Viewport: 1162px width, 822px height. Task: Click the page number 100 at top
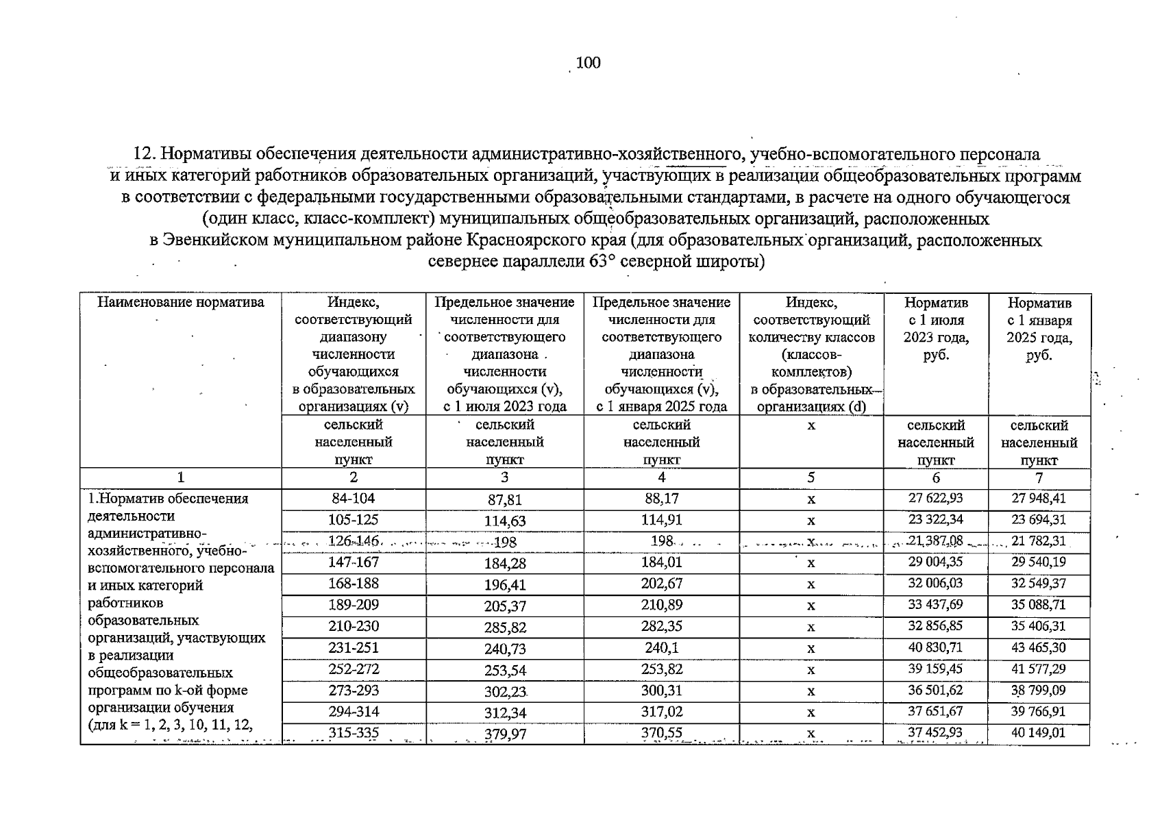click(588, 63)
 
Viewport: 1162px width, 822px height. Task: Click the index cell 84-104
click(353, 499)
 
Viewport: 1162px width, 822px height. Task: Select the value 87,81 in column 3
click(504, 500)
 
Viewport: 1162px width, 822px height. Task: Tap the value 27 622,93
click(935, 499)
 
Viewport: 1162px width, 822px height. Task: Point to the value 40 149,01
click(1039, 733)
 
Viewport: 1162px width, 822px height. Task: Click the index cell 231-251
click(353, 648)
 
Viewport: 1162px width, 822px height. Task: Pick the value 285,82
click(504, 627)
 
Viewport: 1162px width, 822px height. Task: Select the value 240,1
click(661, 648)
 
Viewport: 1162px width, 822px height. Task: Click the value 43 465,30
click(1039, 648)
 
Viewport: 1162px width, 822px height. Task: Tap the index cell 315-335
click(353, 734)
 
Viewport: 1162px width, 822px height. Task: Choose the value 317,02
click(661, 712)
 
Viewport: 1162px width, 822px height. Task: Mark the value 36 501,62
click(935, 690)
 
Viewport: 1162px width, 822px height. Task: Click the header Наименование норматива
click(181, 303)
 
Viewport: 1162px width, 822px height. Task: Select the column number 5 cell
click(811, 478)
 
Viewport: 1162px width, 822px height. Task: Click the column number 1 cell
click(181, 478)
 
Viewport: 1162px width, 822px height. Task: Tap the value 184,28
click(504, 564)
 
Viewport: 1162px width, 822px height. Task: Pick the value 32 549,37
click(1039, 584)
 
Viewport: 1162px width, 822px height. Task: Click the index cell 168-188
click(353, 584)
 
